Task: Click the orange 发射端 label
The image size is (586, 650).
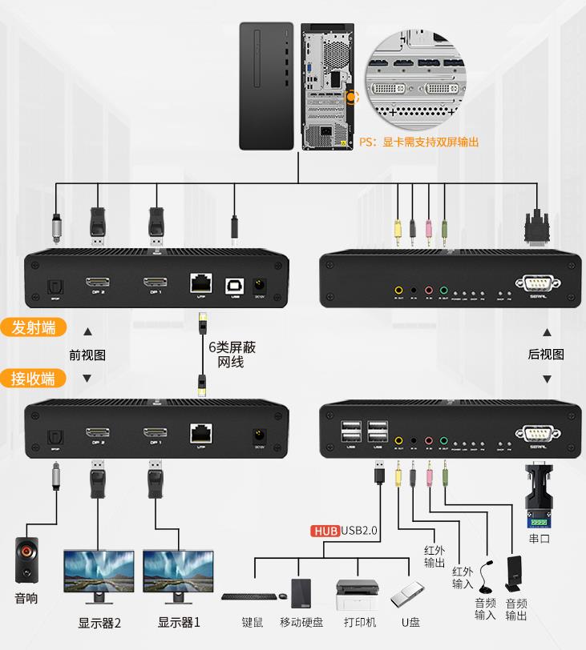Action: [x=34, y=327]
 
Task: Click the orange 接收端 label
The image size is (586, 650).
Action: [x=34, y=378]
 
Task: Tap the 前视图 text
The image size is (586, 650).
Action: [x=87, y=355]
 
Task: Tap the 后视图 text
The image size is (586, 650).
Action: [x=547, y=355]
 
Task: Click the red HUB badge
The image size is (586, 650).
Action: [x=325, y=530]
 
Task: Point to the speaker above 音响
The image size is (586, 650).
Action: [x=26, y=560]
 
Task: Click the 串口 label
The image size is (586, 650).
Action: [x=540, y=539]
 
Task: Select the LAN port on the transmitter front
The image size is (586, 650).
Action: [x=200, y=283]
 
